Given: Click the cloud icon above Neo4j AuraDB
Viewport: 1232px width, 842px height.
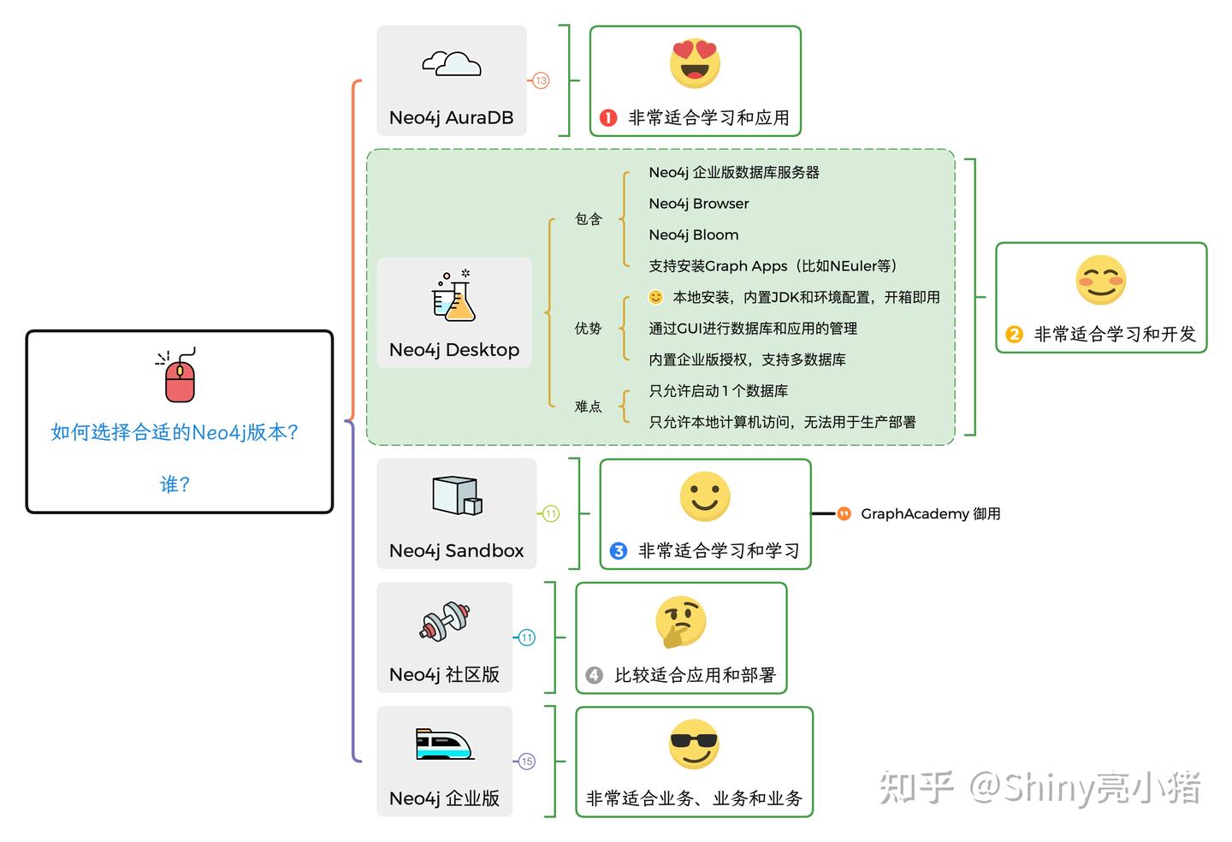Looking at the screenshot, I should [x=451, y=63].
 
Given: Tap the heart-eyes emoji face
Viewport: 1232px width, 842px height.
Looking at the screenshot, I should [x=695, y=63].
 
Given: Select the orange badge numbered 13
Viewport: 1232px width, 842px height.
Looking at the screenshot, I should [x=541, y=80].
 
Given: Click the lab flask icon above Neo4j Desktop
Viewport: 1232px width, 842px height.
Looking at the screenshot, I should [x=453, y=296].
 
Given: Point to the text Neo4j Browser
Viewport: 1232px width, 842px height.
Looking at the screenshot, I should [x=698, y=204].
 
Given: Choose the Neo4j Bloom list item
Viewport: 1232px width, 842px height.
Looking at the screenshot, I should [x=693, y=234].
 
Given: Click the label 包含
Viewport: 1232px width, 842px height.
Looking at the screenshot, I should [x=588, y=219].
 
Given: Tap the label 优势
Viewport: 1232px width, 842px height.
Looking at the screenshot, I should [x=588, y=329].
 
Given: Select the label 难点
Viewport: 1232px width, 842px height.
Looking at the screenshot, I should [x=588, y=406].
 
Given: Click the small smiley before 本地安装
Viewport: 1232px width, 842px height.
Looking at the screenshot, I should [x=655, y=297].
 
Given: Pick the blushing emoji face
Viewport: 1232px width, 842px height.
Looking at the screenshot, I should [x=1100, y=280].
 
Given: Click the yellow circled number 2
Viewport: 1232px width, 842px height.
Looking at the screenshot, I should [x=1014, y=335].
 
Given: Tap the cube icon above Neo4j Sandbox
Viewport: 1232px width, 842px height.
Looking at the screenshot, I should [x=457, y=495].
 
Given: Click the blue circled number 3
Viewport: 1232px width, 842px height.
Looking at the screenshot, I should [x=619, y=551].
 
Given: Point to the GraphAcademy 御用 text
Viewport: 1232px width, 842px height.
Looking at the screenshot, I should [x=930, y=513].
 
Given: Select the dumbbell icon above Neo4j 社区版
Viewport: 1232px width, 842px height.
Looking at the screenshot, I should [x=445, y=621].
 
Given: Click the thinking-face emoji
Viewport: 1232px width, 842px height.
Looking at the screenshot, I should [x=680, y=621].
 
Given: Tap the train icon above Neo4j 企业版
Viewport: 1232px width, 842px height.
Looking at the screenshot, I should [x=444, y=744].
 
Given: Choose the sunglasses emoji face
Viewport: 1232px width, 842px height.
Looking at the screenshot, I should [x=694, y=744].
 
